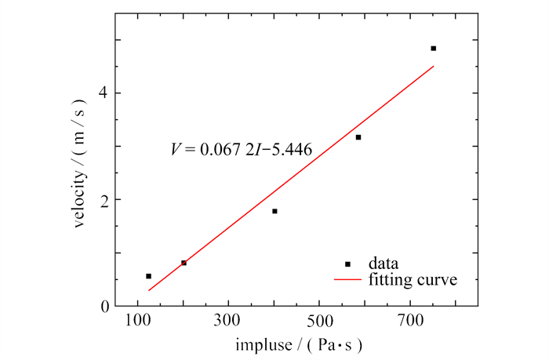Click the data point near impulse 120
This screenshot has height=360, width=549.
pos(148,276)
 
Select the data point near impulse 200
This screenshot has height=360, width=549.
pos(184,263)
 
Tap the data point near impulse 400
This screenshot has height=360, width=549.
pos(274,211)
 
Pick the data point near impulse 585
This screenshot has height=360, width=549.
pos(358,137)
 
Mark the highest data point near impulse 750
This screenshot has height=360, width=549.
pos(433,49)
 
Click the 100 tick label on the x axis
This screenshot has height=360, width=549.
pos(138,322)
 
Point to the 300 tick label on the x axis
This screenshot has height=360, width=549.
pos(228,322)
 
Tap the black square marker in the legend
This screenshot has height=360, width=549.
pos(347,264)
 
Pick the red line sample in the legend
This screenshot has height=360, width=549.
pos(347,278)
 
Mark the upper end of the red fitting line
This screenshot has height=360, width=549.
pos(433,66)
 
